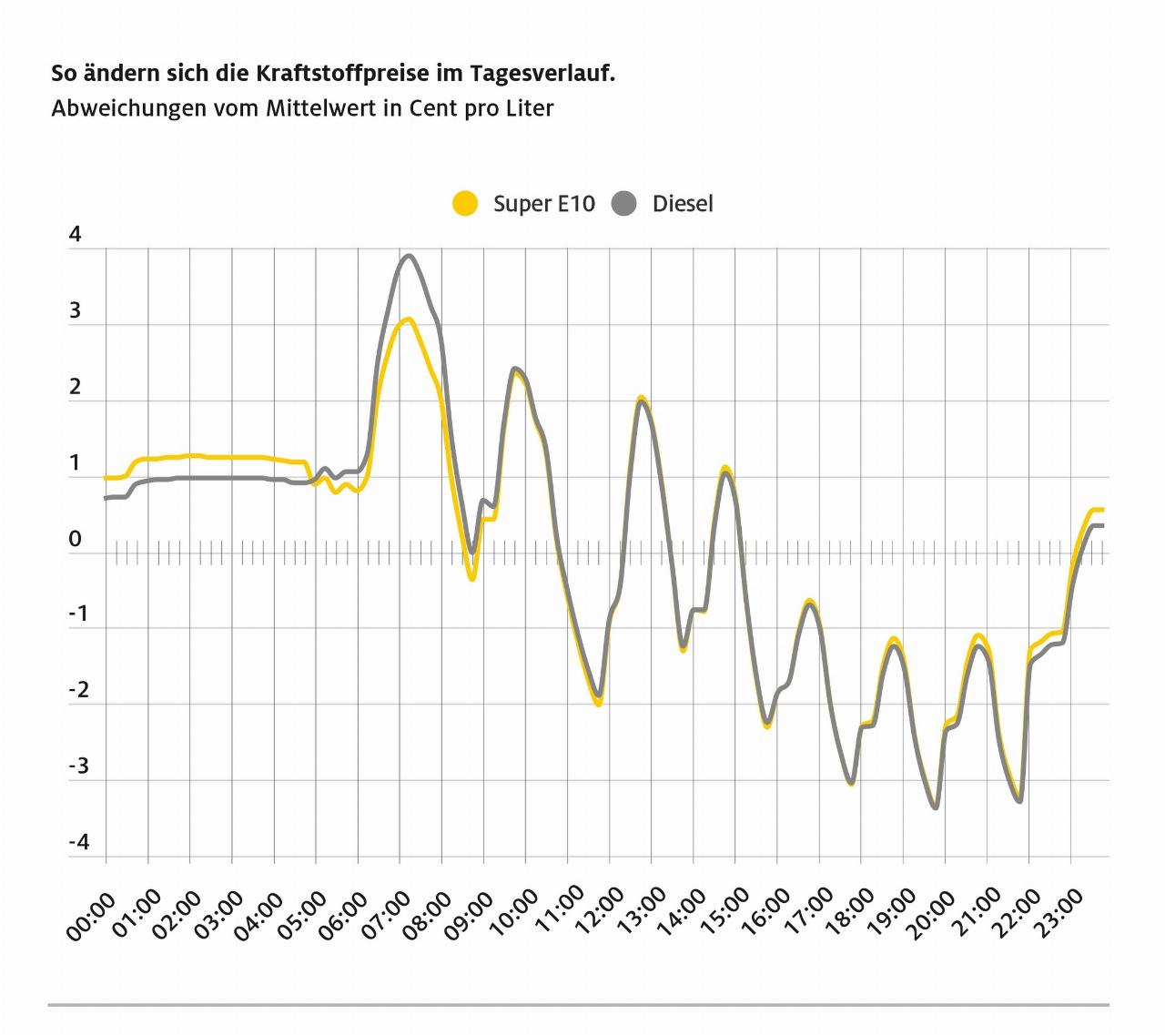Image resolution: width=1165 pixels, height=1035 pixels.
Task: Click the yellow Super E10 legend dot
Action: tap(465, 203)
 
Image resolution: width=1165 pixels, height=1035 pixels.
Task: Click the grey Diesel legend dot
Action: tap(624, 203)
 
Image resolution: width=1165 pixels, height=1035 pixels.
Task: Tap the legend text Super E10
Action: tap(543, 203)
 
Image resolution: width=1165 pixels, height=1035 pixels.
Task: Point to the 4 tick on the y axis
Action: tap(76, 235)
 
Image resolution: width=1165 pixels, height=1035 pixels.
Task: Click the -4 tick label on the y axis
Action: tap(79, 842)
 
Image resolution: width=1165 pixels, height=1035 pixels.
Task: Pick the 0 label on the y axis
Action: tap(76, 539)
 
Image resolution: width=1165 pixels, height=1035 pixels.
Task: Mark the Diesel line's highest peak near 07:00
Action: tap(410, 256)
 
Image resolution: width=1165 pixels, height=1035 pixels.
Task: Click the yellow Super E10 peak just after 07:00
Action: tap(410, 320)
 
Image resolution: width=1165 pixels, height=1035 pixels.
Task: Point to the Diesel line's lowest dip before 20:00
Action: tap(935, 807)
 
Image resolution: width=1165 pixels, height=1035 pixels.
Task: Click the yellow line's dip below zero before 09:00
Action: tap(471, 578)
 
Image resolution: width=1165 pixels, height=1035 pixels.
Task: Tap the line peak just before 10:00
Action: tap(515, 370)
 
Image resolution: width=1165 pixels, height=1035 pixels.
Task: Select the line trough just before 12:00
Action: tap(597, 702)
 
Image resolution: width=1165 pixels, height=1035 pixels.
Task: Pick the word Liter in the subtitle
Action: tap(530, 107)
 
